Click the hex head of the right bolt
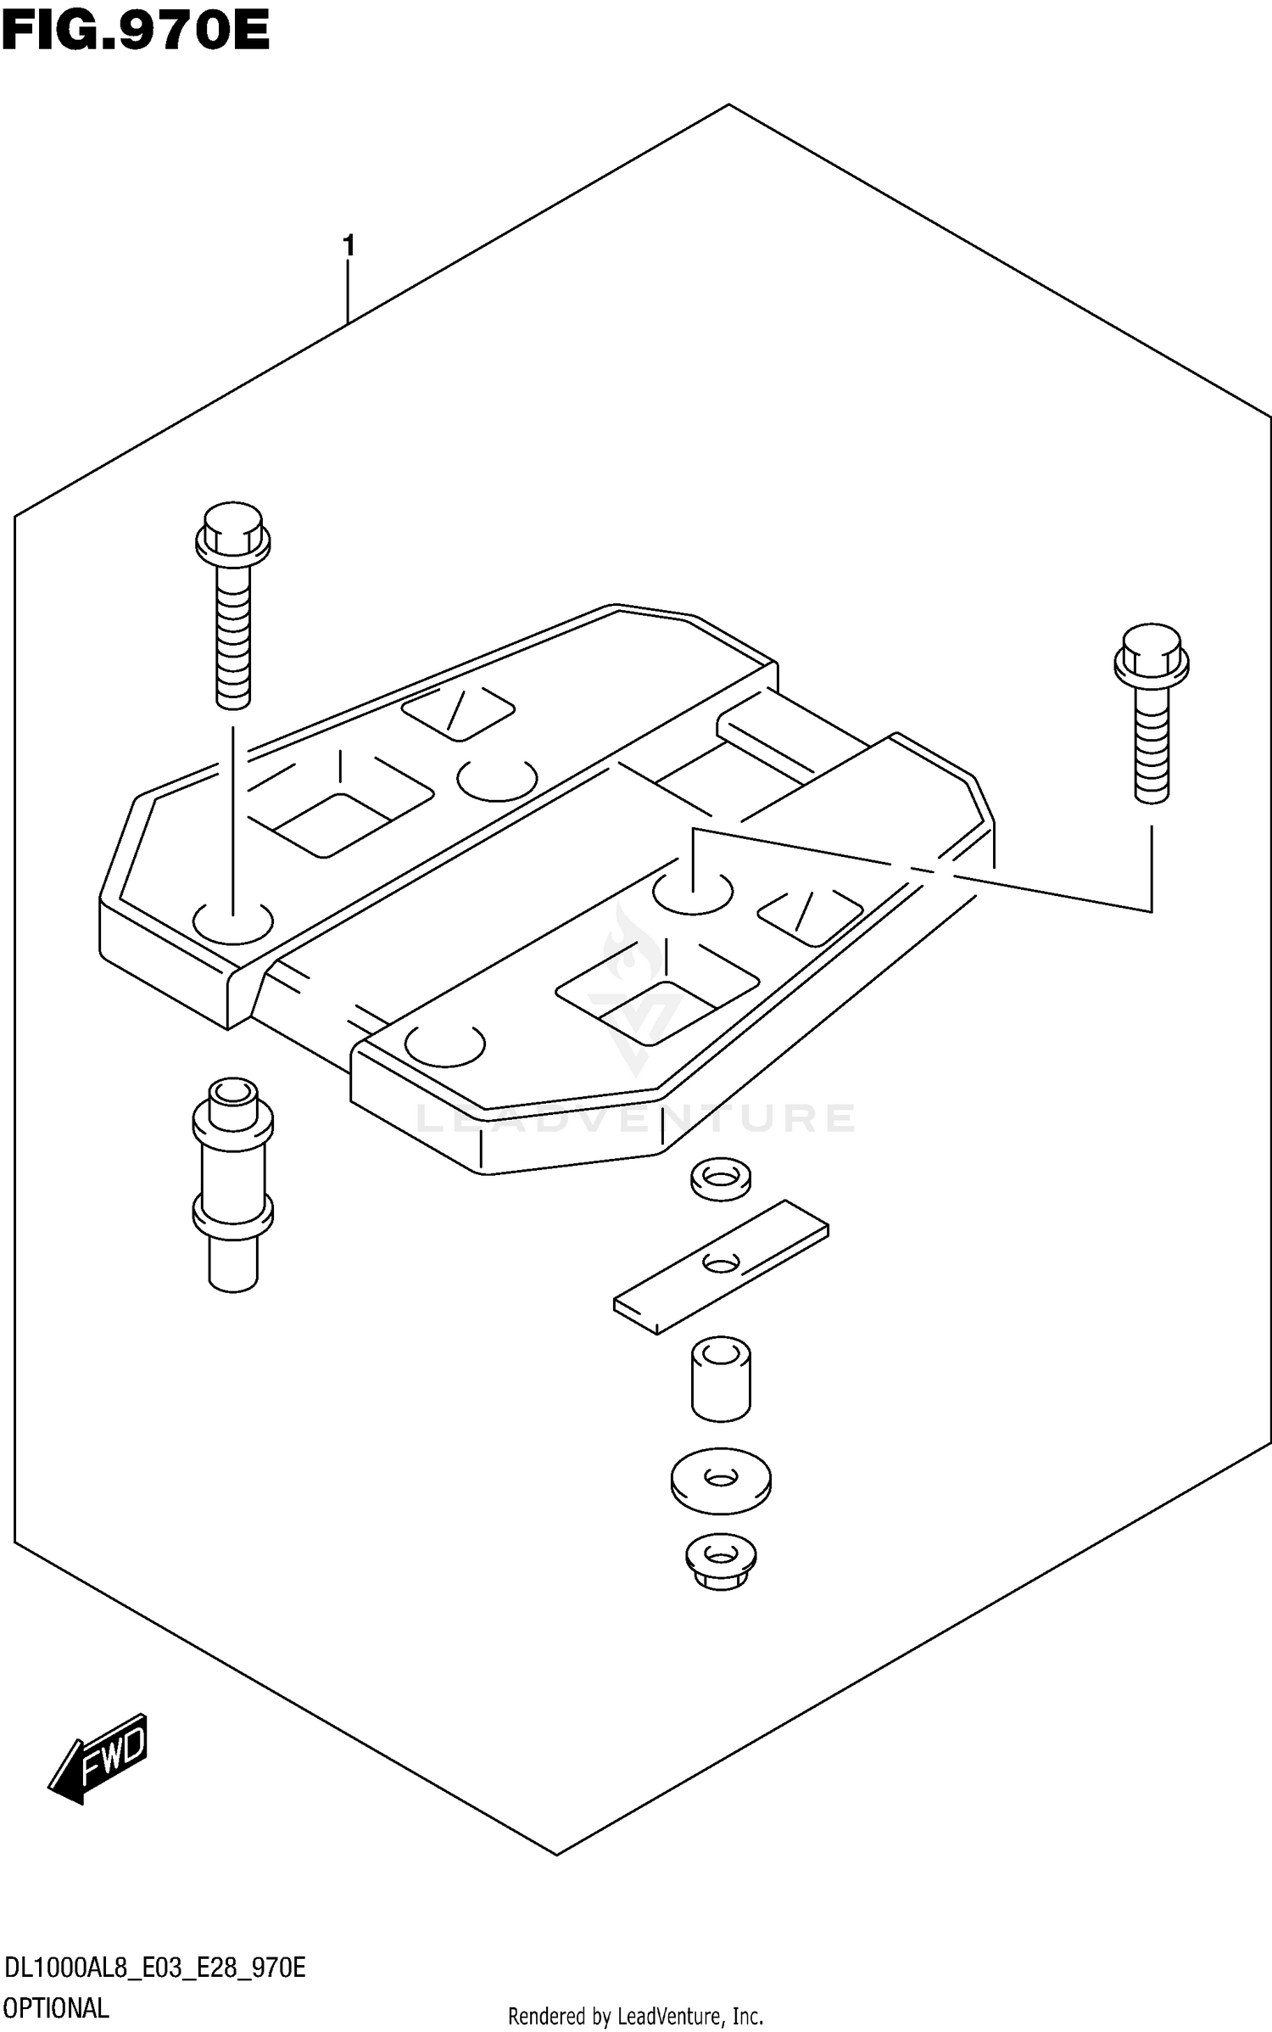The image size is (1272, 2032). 1151,655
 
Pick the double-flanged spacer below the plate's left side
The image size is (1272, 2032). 233,1184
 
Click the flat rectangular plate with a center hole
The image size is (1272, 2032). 721,1264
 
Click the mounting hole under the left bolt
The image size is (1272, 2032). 233,921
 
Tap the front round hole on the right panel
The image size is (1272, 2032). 445,1044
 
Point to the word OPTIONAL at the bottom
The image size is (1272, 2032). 56,2008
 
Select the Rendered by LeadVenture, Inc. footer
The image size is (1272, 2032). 636,2016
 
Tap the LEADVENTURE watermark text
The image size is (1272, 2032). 636,1118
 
